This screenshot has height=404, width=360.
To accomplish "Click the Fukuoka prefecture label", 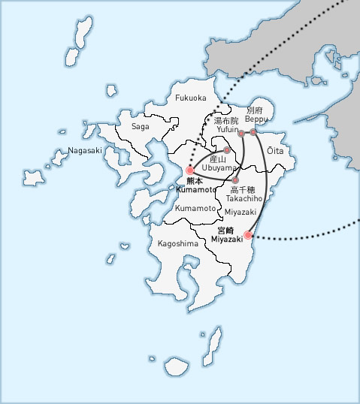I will (x=190, y=98).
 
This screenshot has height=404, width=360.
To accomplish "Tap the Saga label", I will (x=140, y=127).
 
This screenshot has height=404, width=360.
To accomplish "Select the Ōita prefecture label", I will (x=277, y=151).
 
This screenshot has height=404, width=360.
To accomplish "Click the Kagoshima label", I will (x=177, y=244).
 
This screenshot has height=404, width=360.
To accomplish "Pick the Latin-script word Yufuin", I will (x=227, y=130).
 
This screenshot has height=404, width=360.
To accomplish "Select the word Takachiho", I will (x=244, y=199).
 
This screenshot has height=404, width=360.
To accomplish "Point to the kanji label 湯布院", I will (x=226, y=120).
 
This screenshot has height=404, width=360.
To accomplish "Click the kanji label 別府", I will (x=255, y=110).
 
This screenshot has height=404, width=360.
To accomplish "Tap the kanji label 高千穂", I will (x=244, y=190).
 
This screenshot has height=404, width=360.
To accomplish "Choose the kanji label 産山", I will (x=218, y=159).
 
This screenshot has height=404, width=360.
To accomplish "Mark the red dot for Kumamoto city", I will (x=190, y=170).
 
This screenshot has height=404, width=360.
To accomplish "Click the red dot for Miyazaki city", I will (x=249, y=235).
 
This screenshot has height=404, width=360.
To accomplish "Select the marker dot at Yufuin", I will (x=241, y=133).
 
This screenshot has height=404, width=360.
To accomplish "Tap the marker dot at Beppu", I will (x=253, y=132).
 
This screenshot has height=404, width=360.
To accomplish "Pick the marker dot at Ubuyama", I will (x=227, y=151).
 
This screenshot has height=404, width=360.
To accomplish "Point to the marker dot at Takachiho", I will (x=235, y=180).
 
